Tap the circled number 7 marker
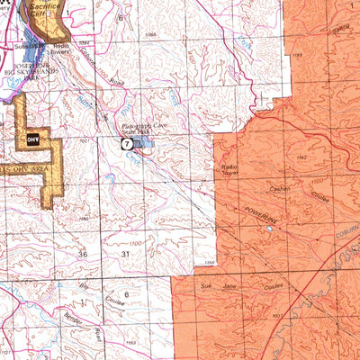pos(127,144)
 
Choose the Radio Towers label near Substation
pos(62,48)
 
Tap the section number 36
pos(83,255)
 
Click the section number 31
pos(125,255)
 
